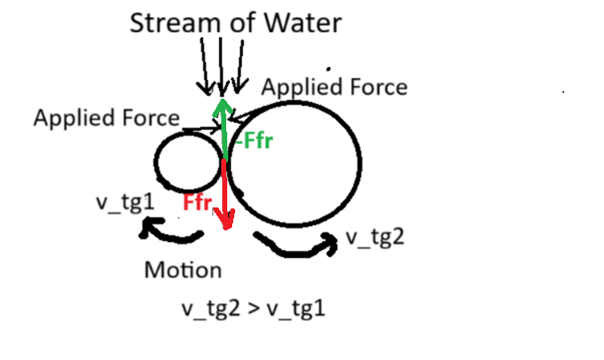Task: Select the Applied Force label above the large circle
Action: (x=334, y=87)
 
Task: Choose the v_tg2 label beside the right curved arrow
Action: (x=375, y=236)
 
